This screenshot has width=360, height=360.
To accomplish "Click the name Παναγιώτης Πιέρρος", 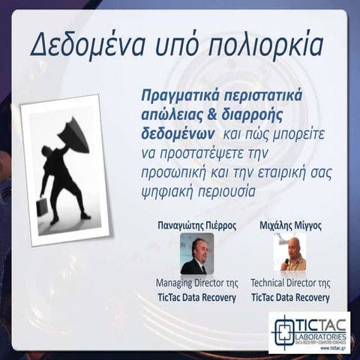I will coord(196,224).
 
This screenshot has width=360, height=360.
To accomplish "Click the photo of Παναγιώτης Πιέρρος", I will coord(196,253).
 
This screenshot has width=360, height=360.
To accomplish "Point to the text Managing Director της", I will coord(196,283).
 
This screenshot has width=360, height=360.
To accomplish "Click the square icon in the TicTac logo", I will coord(283,331).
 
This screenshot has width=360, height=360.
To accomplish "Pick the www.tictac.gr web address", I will coord(329,348).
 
